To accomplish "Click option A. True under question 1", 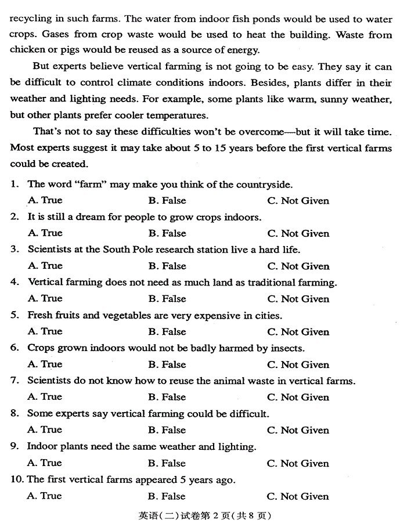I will coord(45,201).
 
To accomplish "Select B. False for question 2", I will coord(167,233).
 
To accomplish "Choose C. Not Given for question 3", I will coord(298,266).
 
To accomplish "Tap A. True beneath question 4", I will coord(45,299).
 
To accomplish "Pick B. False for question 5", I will coord(167,332).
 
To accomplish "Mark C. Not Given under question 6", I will coord(298,364).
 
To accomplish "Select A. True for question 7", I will coord(45,397).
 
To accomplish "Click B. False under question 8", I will coord(167,430).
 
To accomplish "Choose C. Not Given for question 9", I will coord(298,463).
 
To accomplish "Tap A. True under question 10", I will coord(45,496).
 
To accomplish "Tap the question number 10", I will coord(17,480).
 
